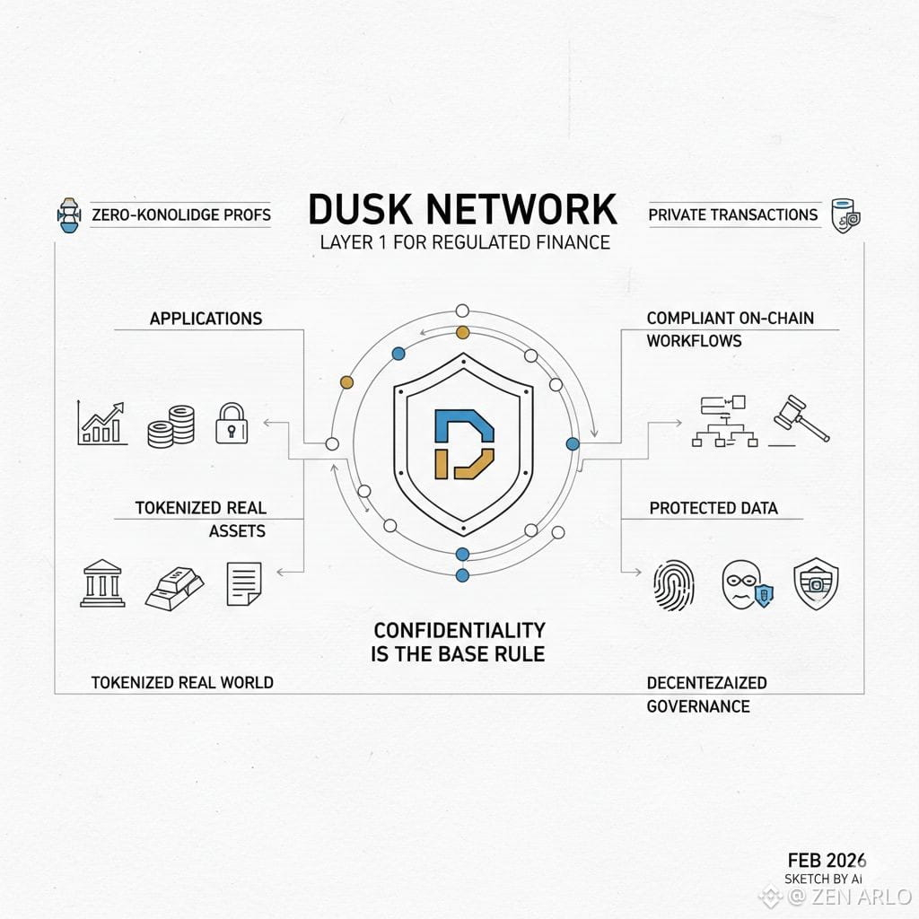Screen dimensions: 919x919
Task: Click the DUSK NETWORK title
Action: [x=462, y=208]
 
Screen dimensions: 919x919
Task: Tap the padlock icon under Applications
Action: [x=231, y=423]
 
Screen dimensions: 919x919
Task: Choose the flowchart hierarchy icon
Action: [x=724, y=421]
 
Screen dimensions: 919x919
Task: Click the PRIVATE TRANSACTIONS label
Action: [x=732, y=214]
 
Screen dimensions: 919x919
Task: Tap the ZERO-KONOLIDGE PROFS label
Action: [x=181, y=215]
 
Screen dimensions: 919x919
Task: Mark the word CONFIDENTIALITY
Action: [x=459, y=629]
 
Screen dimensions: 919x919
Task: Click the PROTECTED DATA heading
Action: [x=713, y=508]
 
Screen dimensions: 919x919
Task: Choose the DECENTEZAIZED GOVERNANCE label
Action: [x=706, y=694]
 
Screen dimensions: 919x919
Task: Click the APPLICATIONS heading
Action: [x=206, y=319]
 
